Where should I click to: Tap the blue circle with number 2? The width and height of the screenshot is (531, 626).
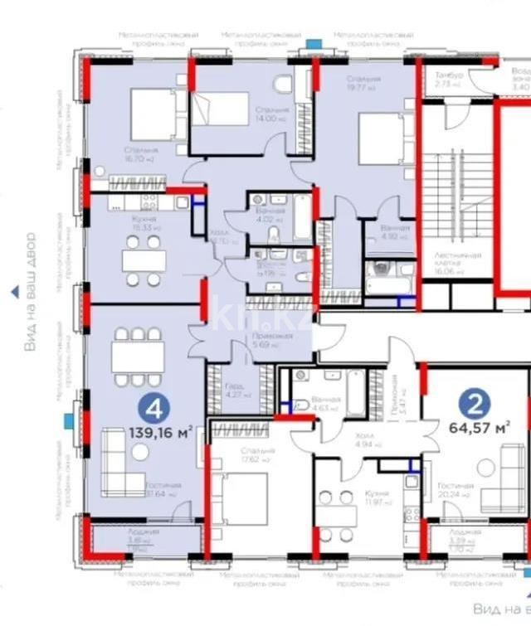475,404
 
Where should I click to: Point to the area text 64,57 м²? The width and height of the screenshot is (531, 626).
479,428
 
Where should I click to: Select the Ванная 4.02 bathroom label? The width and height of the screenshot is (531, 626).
270,215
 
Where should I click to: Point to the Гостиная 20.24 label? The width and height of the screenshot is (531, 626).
456,489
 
